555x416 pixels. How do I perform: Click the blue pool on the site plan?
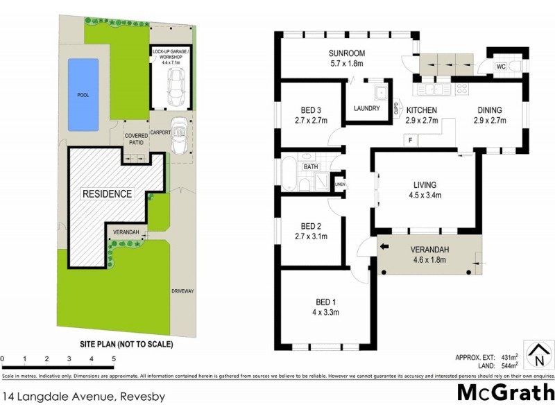pos(83,94)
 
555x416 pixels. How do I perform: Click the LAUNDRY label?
pos(366,109)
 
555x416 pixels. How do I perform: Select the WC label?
pos(500,67)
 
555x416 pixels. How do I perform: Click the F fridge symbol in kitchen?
pos(410,140)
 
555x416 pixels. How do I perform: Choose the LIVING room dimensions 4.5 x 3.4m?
pos(424,196)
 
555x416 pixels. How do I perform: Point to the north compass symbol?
pos(538,355)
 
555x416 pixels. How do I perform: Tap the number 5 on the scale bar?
pos(113,358)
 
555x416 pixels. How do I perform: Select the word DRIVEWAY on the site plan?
pos(182,291)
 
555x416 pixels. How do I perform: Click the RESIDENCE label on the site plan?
pos(108,193)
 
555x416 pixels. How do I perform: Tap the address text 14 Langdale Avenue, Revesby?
pos(83,397)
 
